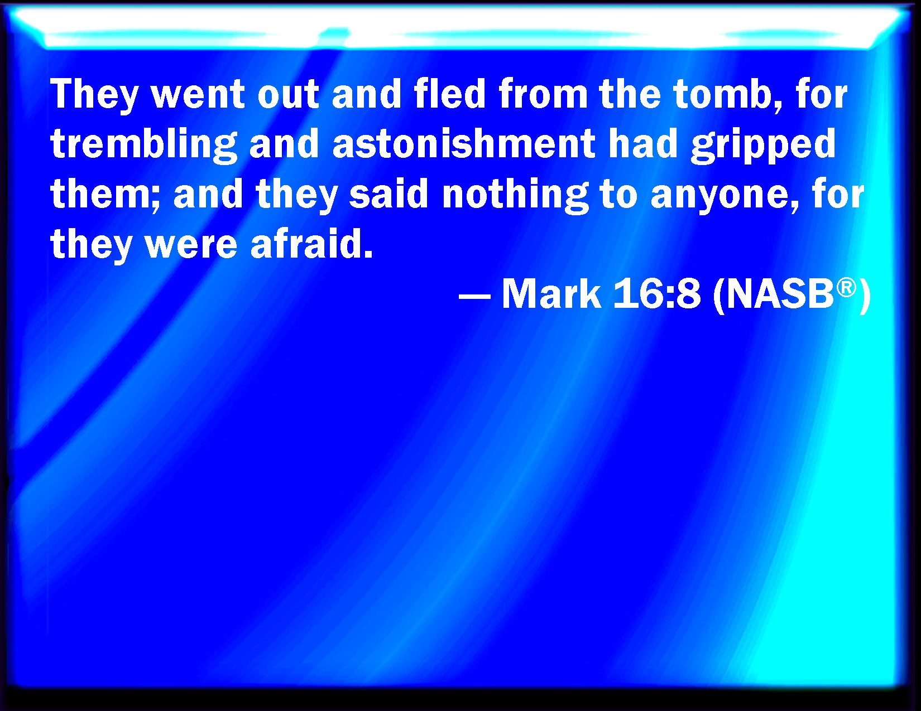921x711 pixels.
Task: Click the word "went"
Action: point(198,95)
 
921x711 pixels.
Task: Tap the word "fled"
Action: point(450,94)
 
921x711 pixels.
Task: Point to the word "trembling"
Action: point(144,145)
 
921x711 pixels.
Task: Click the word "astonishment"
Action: point(464,144)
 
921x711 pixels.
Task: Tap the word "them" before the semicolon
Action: point(101,194)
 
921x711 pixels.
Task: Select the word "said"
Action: point(388,194)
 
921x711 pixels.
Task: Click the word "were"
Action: point(191,246)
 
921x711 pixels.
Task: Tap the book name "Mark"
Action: point(551,294)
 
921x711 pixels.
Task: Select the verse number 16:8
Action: point(656,294)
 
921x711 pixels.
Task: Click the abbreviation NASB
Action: point(780,294)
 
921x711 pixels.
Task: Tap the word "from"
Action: point(543,94)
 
